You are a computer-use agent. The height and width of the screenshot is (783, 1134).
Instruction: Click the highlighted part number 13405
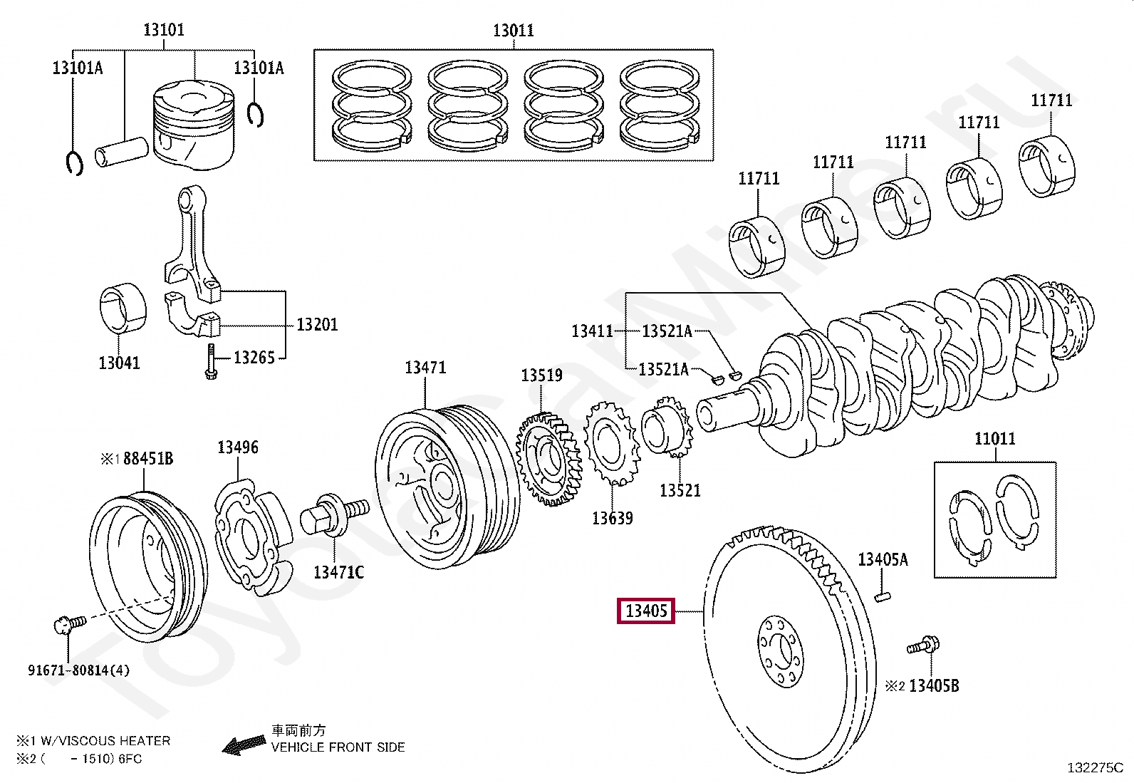click(645, 611)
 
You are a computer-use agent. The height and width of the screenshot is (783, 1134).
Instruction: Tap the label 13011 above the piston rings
click(514, 31)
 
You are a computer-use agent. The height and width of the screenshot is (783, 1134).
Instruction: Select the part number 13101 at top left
click(164, 29)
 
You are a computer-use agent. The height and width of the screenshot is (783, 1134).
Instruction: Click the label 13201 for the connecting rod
click(317, 324)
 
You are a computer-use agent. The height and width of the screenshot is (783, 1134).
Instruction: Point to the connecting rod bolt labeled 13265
click(211, 361)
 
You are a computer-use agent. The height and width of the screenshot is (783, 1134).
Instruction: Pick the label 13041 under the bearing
click(119, 363)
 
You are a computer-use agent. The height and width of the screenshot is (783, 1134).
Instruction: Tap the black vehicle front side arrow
click(244, 745)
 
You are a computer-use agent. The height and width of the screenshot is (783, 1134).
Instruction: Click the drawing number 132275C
click(1095, 768)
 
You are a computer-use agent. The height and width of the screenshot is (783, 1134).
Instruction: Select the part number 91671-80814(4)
click(78, 670)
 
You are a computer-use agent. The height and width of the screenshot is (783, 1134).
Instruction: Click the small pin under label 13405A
click(883, 596)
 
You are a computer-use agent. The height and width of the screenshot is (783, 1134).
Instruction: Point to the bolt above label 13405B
click(923, 645)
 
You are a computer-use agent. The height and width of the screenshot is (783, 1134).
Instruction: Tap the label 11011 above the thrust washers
click(995, 438)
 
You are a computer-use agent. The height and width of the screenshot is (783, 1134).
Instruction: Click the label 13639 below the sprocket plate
click(612, 518)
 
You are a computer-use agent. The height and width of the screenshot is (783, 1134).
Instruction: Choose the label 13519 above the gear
click(541, 375)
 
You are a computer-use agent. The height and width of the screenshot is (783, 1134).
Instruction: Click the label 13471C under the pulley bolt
click(338, 572)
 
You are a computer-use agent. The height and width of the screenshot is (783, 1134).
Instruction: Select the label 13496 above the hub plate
click(237, 447)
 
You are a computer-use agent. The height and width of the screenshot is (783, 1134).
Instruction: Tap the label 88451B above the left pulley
click(148, 458)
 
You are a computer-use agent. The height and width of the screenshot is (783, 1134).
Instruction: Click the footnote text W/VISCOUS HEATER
click(105, 741)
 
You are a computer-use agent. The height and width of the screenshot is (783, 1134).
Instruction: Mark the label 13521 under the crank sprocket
click(680, 490)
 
